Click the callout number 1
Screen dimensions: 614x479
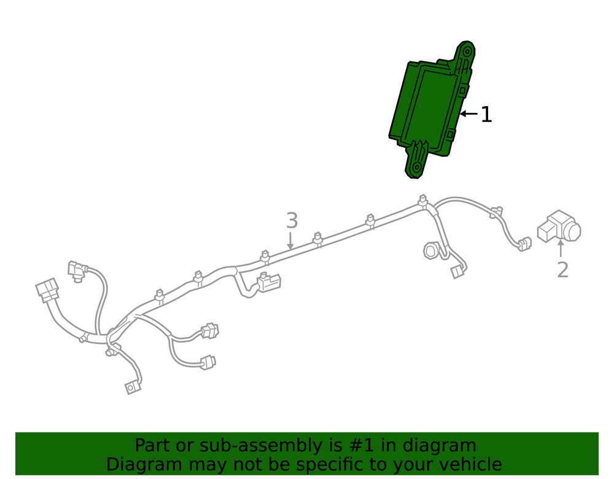pos(486,115)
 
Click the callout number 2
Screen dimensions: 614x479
pos(562,270)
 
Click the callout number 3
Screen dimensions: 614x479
pos(292,221)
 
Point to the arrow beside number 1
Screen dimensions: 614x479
pos(468,114)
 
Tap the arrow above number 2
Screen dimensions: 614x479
pos(561,248)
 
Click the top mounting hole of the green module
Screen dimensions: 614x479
pos(467,52)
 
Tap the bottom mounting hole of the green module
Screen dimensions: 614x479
pos(416,167)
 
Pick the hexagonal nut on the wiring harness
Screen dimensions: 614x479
pos(431,250)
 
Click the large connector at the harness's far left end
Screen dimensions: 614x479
pos(47,290)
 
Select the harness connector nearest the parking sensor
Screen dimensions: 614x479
pos(524,243)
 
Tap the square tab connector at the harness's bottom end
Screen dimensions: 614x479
pos(133,388)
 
